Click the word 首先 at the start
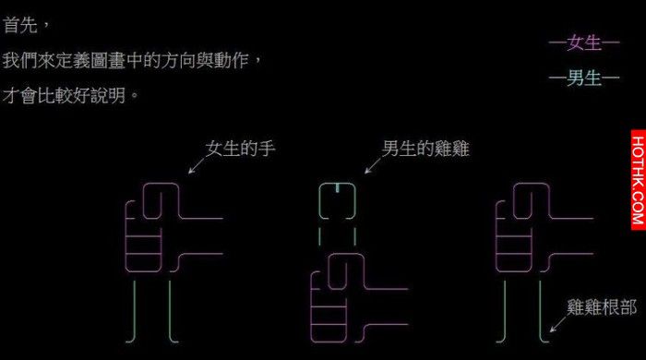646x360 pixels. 20,25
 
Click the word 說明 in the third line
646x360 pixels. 108,96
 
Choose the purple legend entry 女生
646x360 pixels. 584,42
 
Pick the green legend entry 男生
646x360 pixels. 584,78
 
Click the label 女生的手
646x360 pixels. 241,149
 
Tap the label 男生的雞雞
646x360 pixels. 425,149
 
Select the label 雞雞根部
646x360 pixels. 602,307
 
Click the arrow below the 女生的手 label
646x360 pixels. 197,166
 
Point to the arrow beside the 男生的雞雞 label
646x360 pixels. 373,166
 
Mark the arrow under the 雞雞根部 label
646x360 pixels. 558,324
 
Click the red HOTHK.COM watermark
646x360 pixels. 638,180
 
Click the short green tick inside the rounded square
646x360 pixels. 338,187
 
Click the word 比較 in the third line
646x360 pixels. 55,96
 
